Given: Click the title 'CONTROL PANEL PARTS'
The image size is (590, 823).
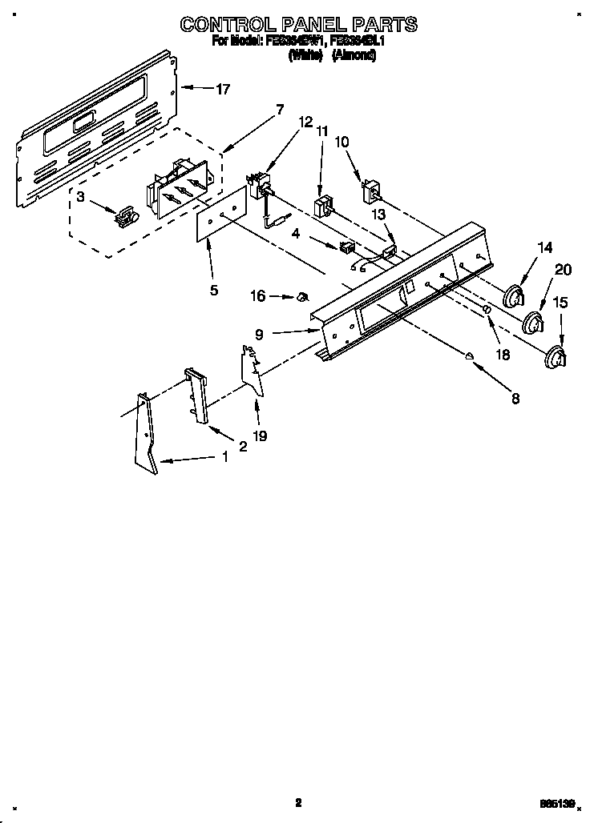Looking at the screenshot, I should tap(298, 24).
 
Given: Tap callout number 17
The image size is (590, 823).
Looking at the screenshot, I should tap(222, 90).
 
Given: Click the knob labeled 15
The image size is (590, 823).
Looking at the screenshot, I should tap(554, 358).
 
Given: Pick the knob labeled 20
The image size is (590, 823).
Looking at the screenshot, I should tap(533, 324).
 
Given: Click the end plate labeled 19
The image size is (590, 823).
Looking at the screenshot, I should tap(253, 368).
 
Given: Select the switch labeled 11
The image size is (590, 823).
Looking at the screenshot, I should tap(324, 207).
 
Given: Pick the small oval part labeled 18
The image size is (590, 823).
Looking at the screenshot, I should tap(486, 310).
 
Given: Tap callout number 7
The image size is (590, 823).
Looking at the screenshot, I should tap(279, 110).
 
